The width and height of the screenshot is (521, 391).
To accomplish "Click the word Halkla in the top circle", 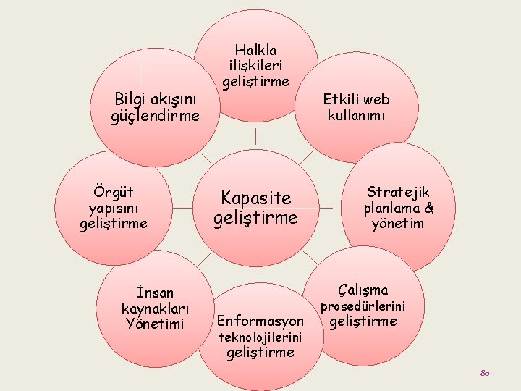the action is pos(256,50).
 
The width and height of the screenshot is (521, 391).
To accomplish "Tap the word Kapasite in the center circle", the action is pos(255,198).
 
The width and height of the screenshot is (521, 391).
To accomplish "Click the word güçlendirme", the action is pos(156,115).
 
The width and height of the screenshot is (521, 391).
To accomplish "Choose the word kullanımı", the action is pos(357,115).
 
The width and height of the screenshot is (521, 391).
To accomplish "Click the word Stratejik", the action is pos(398,192).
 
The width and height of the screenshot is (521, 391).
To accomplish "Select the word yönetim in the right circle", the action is pos(398,224).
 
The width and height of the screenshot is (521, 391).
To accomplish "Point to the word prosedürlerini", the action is pos(363,306).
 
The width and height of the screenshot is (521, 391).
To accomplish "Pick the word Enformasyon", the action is pos(260,320).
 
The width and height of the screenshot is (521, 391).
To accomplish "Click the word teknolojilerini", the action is pos(260,337).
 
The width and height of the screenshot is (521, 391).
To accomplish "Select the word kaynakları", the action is pos(154,308).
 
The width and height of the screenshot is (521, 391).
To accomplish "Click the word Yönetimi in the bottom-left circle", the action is pos(155,323).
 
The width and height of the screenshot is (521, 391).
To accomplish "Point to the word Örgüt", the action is pos(114,193).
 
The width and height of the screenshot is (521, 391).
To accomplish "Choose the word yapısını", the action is pos(114,208).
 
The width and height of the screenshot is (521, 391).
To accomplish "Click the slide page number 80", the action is pos(485,373).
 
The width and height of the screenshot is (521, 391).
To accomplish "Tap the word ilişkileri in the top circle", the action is pos(256,65).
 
